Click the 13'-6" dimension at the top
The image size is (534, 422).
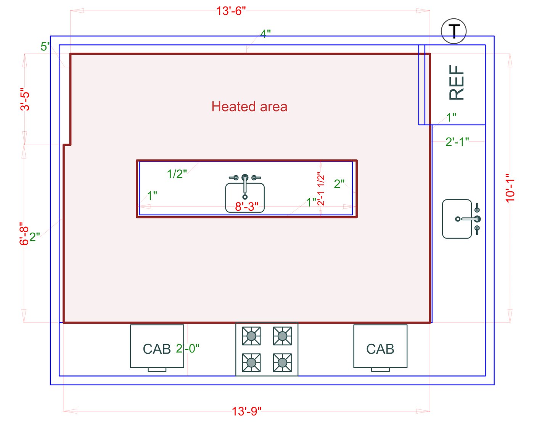point(231,11)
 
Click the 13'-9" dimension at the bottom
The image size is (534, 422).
point(247,411)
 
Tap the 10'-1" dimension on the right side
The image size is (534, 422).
point(510,188)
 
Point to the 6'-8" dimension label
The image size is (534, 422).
point(24,234)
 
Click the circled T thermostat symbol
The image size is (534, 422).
point(454,31)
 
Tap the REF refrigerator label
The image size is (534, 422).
point(457,82)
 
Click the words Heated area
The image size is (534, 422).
point(249,107)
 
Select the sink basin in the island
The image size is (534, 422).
point(245,196)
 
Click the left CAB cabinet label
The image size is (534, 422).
point(156,349)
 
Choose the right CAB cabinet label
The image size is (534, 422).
point(380,349)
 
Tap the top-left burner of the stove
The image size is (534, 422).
point(251,336)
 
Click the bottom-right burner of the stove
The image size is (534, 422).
point(282,362)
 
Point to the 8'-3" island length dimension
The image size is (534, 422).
point(247,207)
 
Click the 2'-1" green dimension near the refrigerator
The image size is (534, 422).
point(457,142)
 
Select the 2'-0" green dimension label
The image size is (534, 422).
point(188,348)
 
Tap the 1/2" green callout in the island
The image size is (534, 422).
point(177,174)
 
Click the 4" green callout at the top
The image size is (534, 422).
point(265,34)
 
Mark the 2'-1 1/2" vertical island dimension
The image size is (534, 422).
point(321,189)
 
